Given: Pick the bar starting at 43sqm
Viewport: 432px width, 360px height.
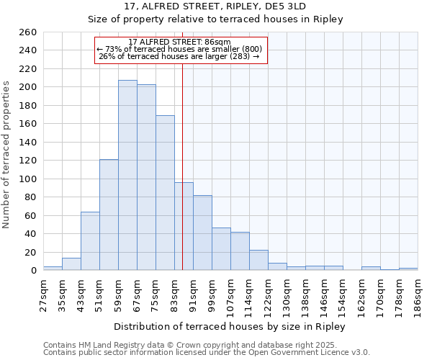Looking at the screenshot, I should [x=90, y=241].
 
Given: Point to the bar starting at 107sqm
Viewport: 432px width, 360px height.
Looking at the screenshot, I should [x=240, y=251].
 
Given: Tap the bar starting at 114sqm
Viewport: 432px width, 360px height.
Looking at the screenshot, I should [x=258, y=260].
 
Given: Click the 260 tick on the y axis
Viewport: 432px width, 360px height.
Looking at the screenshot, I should [x=29, y=32].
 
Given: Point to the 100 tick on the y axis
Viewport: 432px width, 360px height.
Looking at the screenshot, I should [x=29, y=179].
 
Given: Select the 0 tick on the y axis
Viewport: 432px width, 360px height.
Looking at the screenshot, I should [x=34, y=271].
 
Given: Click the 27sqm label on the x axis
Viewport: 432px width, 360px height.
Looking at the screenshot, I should [x=43, y=292].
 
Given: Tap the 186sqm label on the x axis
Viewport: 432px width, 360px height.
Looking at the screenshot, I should [x=418, y=294].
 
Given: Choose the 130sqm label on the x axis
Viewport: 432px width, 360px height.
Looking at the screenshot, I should [x=287, y=294].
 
